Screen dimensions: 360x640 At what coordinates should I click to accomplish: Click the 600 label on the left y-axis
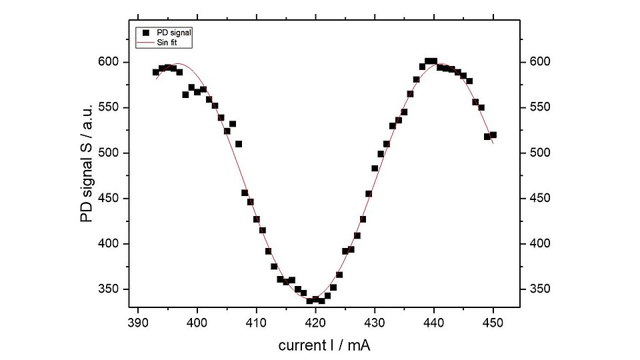tap(110, 62)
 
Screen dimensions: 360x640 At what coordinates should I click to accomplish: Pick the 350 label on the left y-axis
tap(110, 289)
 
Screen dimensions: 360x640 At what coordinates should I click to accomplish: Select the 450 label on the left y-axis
tap(110, 198)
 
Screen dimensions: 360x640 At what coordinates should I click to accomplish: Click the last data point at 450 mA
tap(493, 135)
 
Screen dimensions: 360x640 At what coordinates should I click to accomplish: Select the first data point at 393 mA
tap(155, 72)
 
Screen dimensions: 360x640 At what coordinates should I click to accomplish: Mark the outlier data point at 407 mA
tap(239, 143)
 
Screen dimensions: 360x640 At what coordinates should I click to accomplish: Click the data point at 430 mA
tap(375, 168)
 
